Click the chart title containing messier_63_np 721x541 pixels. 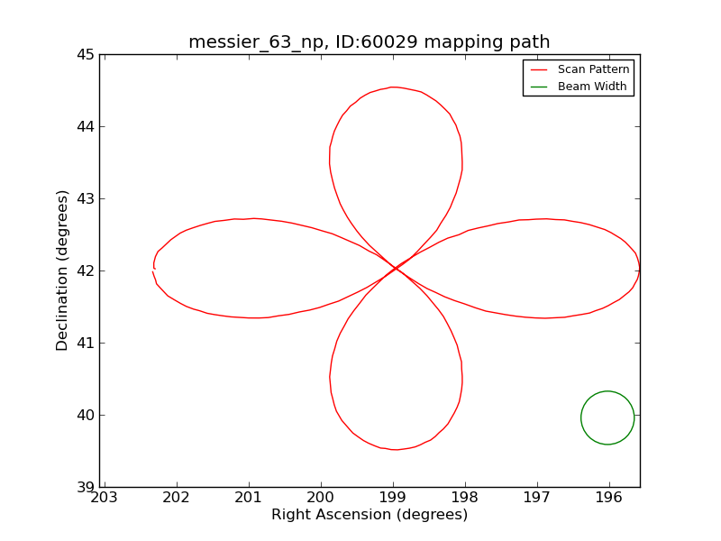tap(369, 42)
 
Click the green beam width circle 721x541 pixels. tap(607, 417)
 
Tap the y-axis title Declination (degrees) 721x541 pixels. tap(63, 270)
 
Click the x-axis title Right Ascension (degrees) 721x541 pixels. tap(370, 515)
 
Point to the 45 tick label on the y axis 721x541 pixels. tap(85, 54)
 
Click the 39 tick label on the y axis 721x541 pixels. tap(85, 487)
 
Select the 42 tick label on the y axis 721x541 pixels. tap(85, 270)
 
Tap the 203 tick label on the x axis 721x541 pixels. tap(105, 498)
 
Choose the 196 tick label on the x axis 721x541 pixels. tap(609, 498)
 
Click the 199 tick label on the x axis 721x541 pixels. tap(393, 498)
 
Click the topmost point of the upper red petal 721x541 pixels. tap(392, 87)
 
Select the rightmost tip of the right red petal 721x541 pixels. tap(640, 269)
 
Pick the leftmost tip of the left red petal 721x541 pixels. tap(153, 270)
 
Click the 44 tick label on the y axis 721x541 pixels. tap(85, 126)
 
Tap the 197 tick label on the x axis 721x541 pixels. tap(537, 498)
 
